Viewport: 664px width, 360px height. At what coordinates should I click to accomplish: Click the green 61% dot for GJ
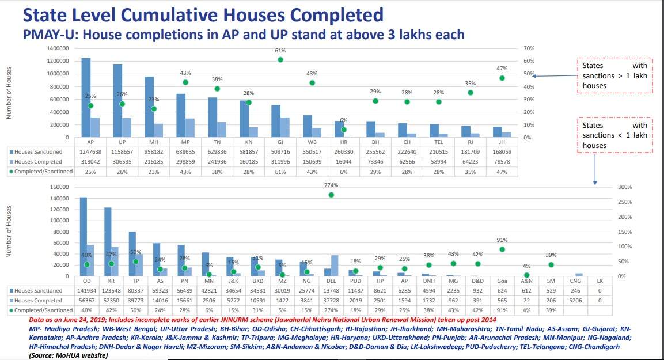pyautogui.click(x=280, y=60)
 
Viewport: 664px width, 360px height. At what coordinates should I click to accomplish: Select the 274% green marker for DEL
pyautogui.click(x=331, y=195)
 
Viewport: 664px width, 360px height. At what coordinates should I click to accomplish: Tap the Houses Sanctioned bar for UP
pyautogui.click(x=118, y=101)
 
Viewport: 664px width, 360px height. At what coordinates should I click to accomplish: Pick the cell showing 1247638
pyautogui.click(x=90, y=151)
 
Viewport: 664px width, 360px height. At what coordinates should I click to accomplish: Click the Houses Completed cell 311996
pyautogui.click(x=280, y=161)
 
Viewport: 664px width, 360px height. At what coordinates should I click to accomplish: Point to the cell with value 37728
pyautogui.click(x=331, y=301)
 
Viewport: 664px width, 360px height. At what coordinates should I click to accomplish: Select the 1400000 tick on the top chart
pyautogui.click(x=56, y=48)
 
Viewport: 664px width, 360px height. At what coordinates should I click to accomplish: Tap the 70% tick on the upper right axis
pyautogui.click(x=528, y=48)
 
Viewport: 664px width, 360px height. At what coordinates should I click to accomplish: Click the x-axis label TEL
pyautogui.click(x=438, y=142)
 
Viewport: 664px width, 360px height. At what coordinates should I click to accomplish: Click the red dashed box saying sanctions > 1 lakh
pyautogui.click(x=614, y=75)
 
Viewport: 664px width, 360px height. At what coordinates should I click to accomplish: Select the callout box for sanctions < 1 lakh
pyautogui.click(x=614, y=135)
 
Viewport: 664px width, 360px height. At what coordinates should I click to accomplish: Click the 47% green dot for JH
pyautogui.click(x=502, y=78)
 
